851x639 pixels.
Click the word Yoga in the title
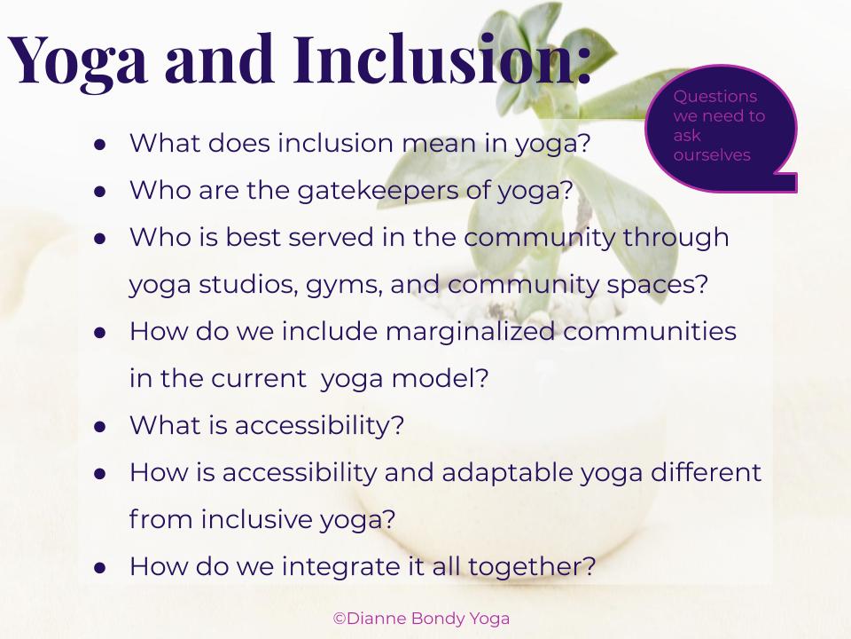tap(77, 62)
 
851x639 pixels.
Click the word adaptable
tap(507, 473)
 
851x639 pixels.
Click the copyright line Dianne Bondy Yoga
tap(421, 619)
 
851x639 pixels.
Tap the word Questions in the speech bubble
tap(714, 97)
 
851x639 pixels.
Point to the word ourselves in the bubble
tap(712, 155)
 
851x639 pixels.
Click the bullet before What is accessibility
tap(100, 427)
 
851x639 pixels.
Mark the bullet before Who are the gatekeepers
tap(100, 192)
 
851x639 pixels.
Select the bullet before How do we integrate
tap(100, 568)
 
